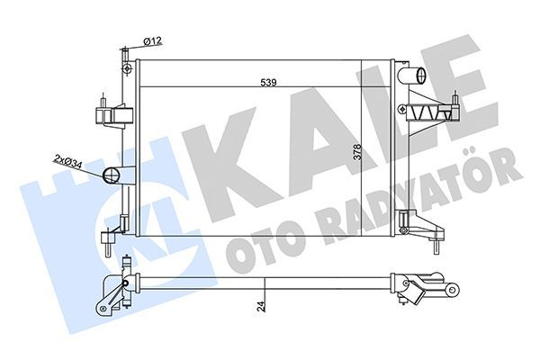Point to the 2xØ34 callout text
tap(67, 161)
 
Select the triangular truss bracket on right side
tap(432, 111)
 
